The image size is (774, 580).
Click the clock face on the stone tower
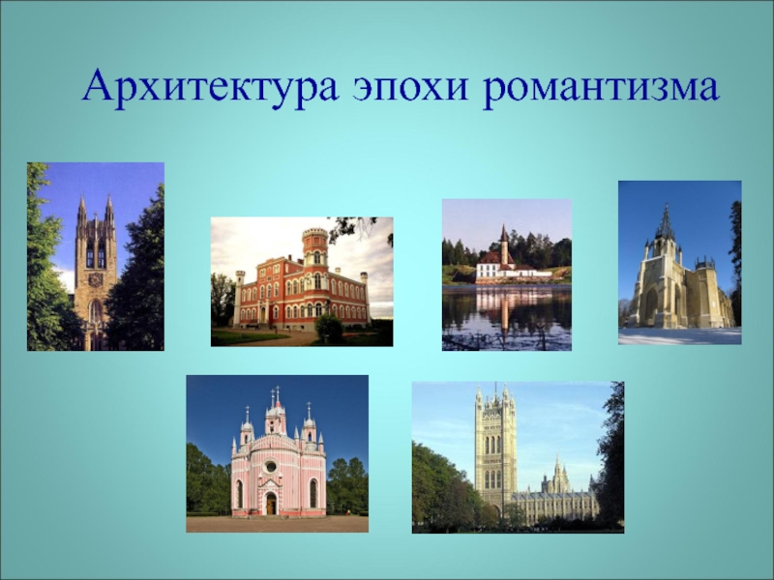click(96, 279)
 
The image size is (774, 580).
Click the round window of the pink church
click(271, 466)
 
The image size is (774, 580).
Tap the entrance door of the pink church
click(271, 503)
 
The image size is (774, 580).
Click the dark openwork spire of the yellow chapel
click(666, 224)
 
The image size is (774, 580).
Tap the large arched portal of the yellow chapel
click(652, 305)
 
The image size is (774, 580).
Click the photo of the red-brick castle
click(302, 281)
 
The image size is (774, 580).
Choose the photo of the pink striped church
click(277, 453)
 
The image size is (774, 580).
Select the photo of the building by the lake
click(506, 275)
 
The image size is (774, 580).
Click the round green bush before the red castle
click(329, 327)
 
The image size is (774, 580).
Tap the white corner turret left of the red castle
click(239, 299)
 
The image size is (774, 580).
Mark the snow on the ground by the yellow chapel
click(680, 335)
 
